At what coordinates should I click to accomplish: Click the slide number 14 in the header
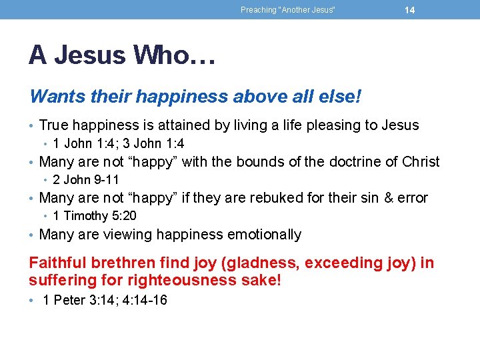409,10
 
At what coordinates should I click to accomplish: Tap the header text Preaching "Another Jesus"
287,10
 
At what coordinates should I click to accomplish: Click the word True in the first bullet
54,125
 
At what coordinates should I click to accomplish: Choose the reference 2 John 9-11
86,179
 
